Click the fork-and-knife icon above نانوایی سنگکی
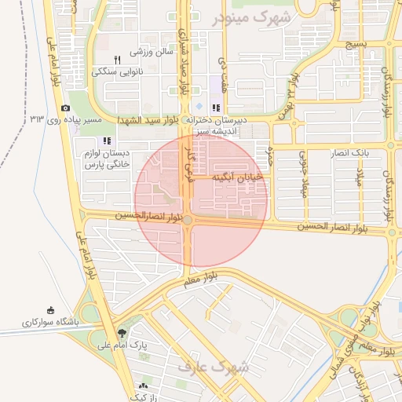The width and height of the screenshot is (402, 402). (x=117, y=59)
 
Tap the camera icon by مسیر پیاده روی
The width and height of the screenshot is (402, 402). (x=65, y=108)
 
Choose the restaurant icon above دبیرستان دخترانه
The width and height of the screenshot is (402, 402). (x=215, y=108)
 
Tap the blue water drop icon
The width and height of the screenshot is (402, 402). (x=199, y=107)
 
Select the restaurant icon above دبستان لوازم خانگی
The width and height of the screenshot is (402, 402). (x=107, y=141)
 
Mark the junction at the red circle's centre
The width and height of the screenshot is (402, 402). (x=188, y=221)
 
